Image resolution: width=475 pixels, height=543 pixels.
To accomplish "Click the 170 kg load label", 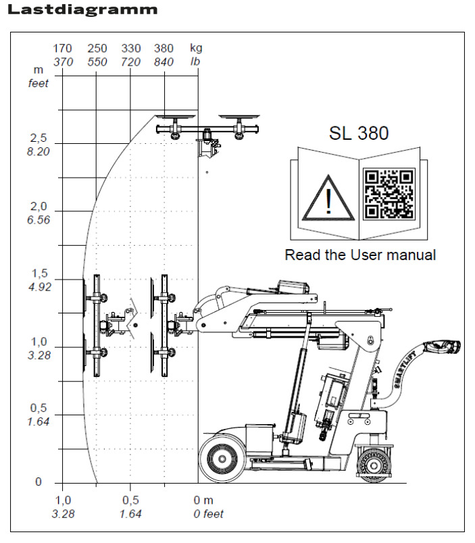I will click(62, 49).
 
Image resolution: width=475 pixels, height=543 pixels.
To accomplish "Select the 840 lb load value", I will click(164, 62).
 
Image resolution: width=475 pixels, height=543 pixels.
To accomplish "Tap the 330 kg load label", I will click(130, 49).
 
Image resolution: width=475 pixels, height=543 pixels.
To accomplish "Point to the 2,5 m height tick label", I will click(39, 138).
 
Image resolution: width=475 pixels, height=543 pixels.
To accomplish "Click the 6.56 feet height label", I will click(39, 219).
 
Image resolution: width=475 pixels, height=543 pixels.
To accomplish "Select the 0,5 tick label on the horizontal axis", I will click(130, 500).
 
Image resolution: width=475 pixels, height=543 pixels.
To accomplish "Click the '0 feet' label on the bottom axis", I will click(208, 514).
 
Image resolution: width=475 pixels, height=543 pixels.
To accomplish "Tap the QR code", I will click(389, 194).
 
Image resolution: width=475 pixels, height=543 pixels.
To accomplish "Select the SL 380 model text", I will click(359, 133).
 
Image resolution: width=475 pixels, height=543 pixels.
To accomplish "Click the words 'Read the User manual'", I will click(360, 255).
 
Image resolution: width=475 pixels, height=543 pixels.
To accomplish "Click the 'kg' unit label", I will click(196, 49).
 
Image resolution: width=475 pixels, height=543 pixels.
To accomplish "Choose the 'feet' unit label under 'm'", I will click(39, 83).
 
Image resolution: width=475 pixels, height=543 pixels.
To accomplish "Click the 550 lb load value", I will click(97, 62).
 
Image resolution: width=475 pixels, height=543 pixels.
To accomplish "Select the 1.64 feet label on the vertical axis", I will click(39, 422).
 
